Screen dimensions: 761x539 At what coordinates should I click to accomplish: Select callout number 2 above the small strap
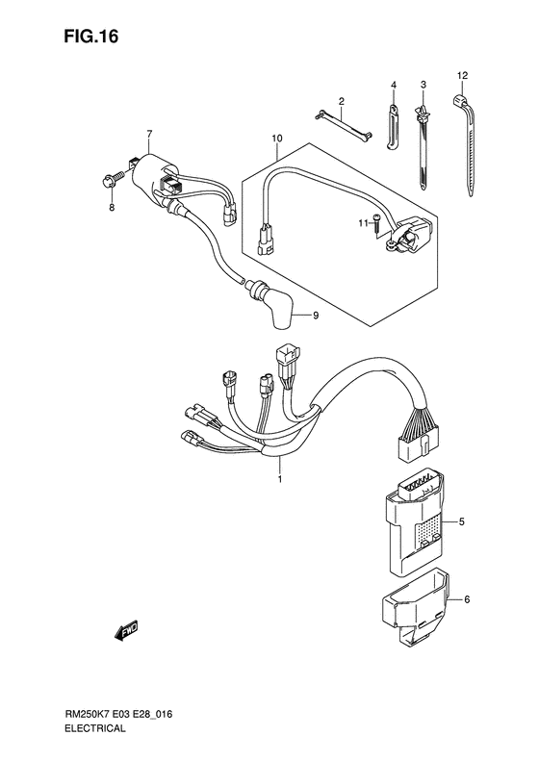[x=341, y=101]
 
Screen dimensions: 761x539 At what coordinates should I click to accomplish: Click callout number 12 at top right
[x=462, y=75]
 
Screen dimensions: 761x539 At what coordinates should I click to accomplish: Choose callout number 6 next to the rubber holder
[x=467, y=600]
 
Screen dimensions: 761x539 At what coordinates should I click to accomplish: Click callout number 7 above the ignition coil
[x=149, y=133]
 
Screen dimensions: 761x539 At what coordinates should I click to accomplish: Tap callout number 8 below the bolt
[x=112, y=207]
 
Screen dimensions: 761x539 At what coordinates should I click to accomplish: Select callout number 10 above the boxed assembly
[x=276, y=139]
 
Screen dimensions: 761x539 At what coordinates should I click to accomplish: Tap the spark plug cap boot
[x=280, y=306]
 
